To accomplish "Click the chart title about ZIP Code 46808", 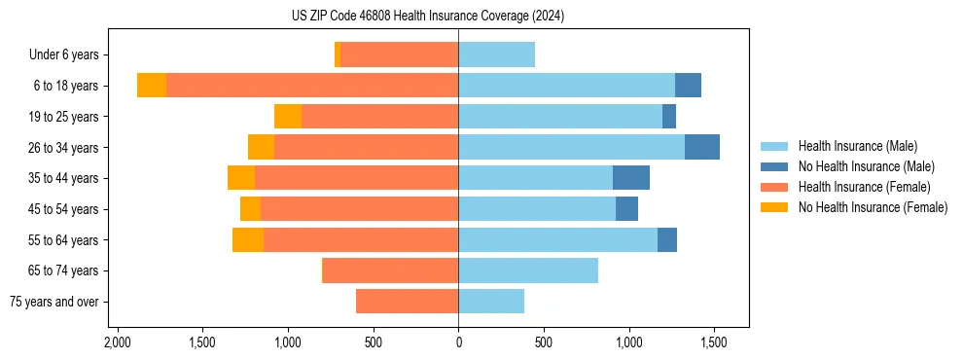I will coord(428,17).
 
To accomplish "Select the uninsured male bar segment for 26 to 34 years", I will coord(702,147).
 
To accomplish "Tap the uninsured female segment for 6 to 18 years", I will coord(152,86).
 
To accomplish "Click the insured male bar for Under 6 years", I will coord(496,54).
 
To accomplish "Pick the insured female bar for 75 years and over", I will coord(407,302).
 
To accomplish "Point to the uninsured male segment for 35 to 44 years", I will coord(631,178).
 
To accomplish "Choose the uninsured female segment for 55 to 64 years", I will coord(248,239).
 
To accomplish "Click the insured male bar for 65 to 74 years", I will coord(528,270).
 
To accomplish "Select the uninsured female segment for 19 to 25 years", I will coord(288,117).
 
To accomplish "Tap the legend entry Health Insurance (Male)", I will coord(857,146).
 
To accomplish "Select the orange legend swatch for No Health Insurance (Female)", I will coord(775,207).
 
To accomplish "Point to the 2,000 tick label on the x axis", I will coord(117,343).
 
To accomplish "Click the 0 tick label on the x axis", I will coord(458,343).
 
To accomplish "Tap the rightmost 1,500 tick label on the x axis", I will coord(714,343).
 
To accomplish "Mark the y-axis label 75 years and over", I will coord(53,302).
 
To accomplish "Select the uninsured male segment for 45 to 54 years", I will coord(626,209).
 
